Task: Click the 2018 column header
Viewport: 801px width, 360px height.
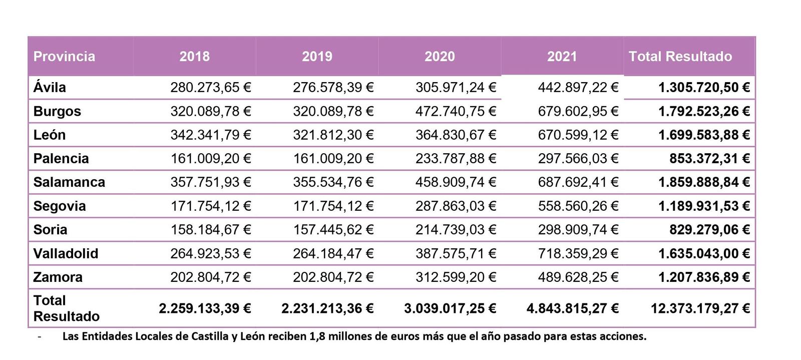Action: (194, 56)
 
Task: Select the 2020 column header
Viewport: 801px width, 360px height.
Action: (440, 56)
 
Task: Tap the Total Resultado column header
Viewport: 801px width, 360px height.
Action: (680, 56)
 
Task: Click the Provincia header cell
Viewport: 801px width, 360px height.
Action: (64, 56)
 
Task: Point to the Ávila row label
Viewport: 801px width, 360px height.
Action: (50, 88)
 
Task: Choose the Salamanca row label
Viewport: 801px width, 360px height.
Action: (69, 182)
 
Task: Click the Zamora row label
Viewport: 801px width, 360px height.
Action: (58, 277)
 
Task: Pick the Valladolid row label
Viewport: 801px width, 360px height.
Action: (66, 253)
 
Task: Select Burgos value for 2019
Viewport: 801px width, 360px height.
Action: (333, 111)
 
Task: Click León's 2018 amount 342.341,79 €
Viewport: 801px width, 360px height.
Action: (210, 135)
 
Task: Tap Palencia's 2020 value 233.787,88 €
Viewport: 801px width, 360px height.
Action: (456, 158)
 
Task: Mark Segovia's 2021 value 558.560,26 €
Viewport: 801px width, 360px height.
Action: (578, 206)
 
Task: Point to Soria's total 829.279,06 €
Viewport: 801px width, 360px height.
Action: (709, 229)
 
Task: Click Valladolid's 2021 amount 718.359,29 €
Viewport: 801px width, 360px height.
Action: (578, 253)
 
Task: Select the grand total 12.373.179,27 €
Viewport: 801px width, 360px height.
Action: (700, 308)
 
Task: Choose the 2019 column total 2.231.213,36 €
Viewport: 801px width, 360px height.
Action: (327, 308)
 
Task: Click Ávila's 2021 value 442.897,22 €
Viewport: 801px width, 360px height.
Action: (578, 88)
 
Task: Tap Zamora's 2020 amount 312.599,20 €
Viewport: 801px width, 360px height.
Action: (456, 277)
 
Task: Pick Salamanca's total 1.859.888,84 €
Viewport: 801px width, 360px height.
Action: (704, 182)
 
